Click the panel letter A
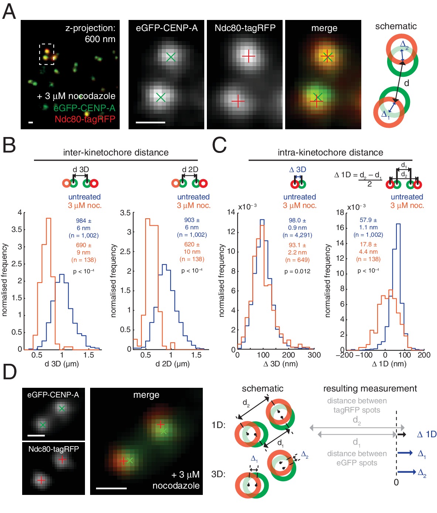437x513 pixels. point(9,11)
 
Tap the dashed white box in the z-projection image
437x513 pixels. point(47,54)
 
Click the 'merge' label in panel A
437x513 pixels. point(324,28)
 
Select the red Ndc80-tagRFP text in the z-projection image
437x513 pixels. point(85,119)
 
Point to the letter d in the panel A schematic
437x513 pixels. point(406,83)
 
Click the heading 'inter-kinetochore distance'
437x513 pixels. point(116,153)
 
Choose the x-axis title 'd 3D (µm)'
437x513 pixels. point(62,364)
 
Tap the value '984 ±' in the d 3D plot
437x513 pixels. point(84,220)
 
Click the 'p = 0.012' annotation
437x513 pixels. point(297,271)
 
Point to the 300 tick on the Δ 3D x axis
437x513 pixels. point(314,355)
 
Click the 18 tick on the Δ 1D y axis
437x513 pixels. point(340,212)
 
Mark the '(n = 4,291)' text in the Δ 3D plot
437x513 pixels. point(297,235)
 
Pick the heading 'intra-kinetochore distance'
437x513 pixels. point(330,153)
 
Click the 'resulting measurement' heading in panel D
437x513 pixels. point(370,389)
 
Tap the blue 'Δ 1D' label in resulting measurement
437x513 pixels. point(427,434)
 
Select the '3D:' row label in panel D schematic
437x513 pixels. point(218,474)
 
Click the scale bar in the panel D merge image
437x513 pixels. point(111,488)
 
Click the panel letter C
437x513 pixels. point(219,145)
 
